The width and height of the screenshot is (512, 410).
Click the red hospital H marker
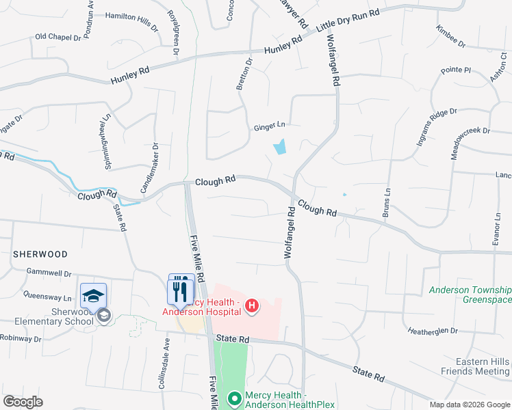pos(251,306)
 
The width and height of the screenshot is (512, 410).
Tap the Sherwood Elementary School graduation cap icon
pos(93,295)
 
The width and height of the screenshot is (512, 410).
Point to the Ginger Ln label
pos(268,126)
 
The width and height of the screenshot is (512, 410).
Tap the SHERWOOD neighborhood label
pos(40,254)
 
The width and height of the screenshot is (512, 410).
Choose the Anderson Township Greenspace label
pos(470,295)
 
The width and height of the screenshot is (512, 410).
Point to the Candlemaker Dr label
pos(149,167)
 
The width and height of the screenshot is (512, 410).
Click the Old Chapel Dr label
pos(58,37)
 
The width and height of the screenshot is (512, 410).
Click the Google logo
pos(23,402)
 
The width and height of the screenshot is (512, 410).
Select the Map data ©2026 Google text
pos(469,405)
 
